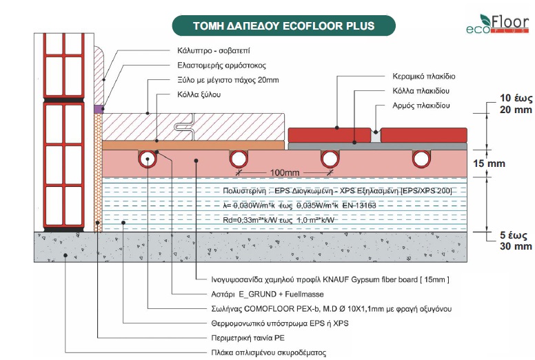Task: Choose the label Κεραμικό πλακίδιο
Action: pyautogui.click(x=425, y=77)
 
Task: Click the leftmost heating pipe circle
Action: pyautogui.click(x=147, y=159)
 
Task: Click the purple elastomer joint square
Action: pyautogui.click(x=98, y=109)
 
